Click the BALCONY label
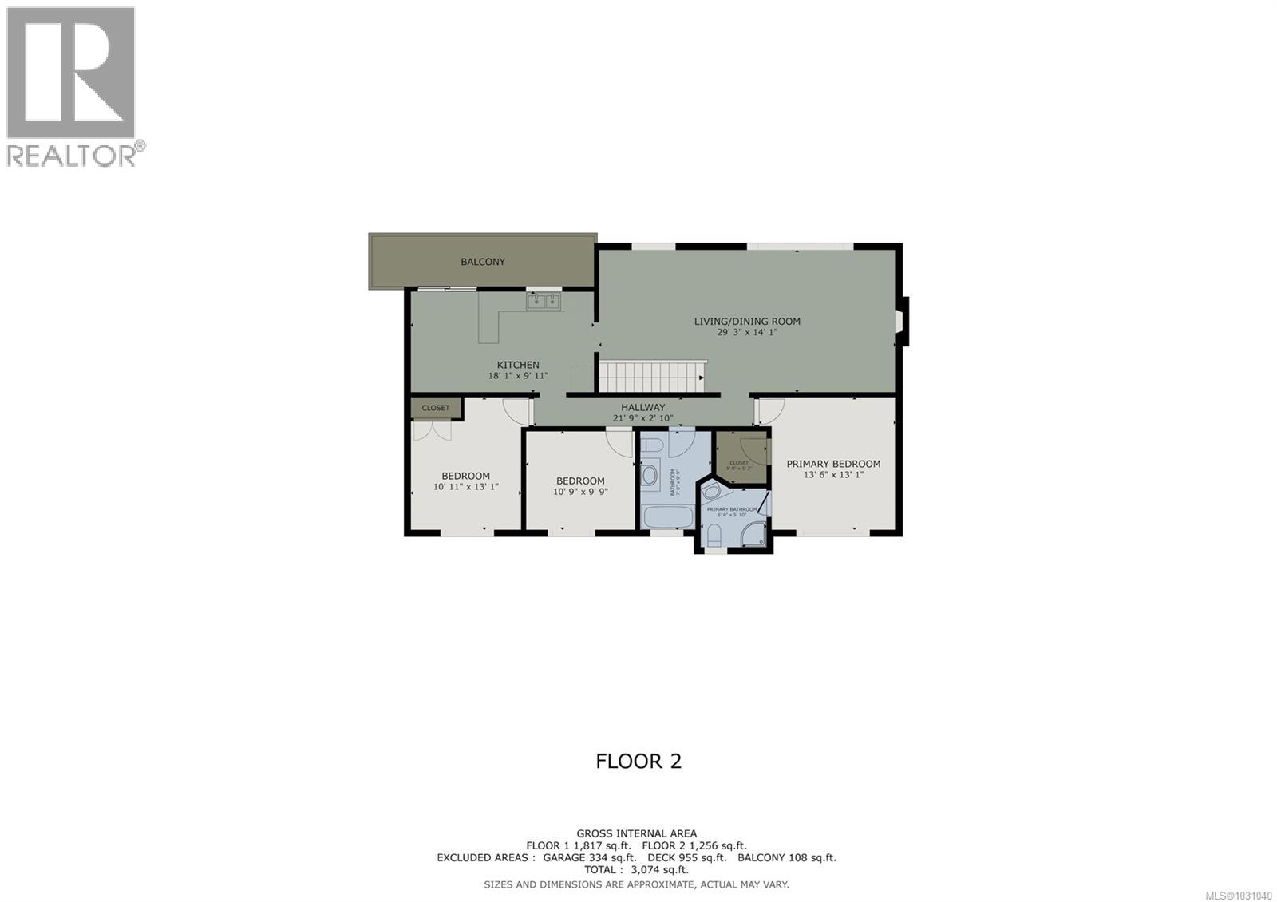[x=482, y=262]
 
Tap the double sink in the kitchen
[x=544, y=301]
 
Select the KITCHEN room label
[x=518, y=365]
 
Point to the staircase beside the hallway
[x=651, y=376]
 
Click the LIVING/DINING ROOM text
[x=746, y=322]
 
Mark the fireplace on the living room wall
[x=901, y=320]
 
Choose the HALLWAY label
[x=642, y=407]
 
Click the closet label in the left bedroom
[x=436, y=408]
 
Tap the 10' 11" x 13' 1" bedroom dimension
[x=465, y=486]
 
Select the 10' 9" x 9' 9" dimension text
[x=580, y=492]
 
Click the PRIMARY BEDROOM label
[x=833, y=464]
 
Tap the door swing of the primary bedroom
[x=770, y=410]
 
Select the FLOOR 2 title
[x=638, y=761]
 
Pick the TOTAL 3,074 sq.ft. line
[x=636, y=870]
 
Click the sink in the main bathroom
[x=649, y=477]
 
